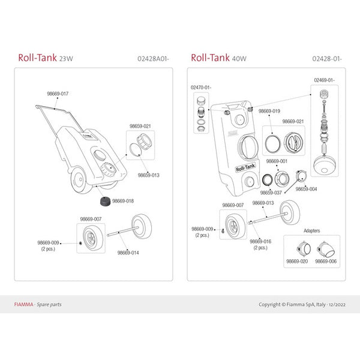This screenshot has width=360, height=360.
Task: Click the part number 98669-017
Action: (x=58, y=94)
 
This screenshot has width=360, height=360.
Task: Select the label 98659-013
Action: (x=148, y=175)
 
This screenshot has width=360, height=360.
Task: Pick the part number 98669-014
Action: (x=128, y=253)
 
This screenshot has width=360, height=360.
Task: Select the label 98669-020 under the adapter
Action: (x=296, y=262)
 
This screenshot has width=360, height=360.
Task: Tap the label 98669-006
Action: (x=326, y=262)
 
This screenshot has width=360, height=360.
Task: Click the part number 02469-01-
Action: (x=323, y=79)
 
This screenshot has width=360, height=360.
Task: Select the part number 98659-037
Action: (x=271, y=193)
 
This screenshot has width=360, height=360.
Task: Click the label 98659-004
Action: (x=306, y=188)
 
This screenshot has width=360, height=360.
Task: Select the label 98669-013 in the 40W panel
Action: (x=263, y=203)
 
